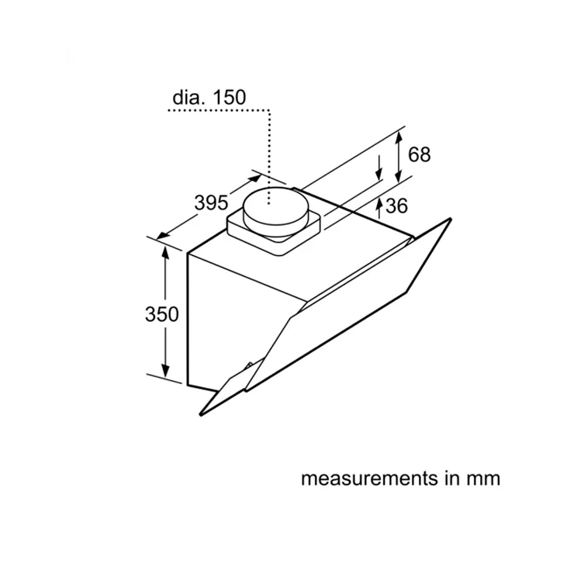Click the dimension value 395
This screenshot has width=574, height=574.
click(211, 202)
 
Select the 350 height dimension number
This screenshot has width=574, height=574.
click(162, 314)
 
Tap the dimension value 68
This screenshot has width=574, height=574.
click(419, 154)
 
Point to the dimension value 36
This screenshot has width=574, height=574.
click(396, 206)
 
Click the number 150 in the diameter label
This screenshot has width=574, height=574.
click(229, 98)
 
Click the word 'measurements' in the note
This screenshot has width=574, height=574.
click(369, 479)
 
